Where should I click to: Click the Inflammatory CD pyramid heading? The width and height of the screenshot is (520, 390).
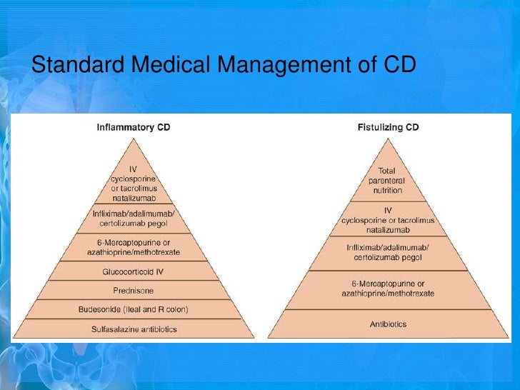[x=134, y=127]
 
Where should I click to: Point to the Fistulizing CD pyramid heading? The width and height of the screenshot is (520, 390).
[x=388, y=127]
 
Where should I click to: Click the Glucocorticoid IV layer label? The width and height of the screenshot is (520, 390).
[x=134, y=272]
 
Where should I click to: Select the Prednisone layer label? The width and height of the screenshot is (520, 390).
[x=134, y=291]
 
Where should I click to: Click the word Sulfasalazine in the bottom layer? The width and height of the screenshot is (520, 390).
[x=115, y=329]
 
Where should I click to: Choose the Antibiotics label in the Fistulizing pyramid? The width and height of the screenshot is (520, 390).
[x=388, y=324]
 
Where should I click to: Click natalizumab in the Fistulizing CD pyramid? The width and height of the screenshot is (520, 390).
[x=387, y=230]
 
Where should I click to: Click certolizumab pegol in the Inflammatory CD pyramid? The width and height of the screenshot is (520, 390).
[x=134, y=224]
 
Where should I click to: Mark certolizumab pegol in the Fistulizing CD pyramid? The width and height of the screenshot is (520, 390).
[x=387, y=258]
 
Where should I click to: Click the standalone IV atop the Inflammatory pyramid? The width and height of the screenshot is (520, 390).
[x=134, y=169]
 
